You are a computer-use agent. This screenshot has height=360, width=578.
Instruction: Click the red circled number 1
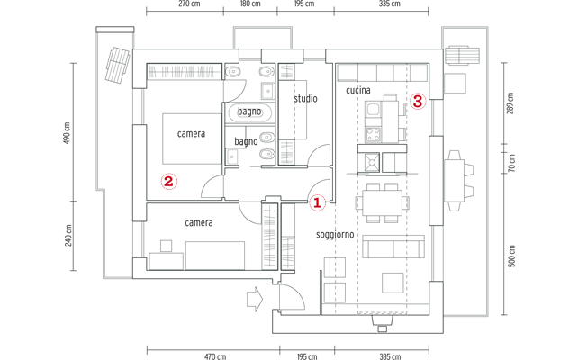pyautogui.click(x=317, y=202)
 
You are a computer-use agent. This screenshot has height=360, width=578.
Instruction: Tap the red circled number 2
pyautogui.click(x=169, y=181)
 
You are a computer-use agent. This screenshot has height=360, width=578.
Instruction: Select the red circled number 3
pyautogui.click(x=418, y=101)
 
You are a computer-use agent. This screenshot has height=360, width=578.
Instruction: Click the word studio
pyautogui.click(x=305, y=99)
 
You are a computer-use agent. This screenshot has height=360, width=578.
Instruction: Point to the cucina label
pyautogui.click(x=358, y=90)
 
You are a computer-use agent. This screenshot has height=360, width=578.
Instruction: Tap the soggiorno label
pyautogui.click(x=335, y=235)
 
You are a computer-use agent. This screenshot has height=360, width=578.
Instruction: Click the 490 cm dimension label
pyautogui.click(x=68, y=133)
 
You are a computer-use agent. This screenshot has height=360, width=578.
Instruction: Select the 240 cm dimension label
pyautogui.click(x=68, y=236)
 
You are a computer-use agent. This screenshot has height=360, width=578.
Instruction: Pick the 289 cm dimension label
pyautogui.click(x=510, y=103)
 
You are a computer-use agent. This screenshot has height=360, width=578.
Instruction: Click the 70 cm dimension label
pyautogui.click(x=511, y=163)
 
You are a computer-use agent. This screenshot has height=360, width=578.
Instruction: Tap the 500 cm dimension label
pyautogui.click(x=511, y=256)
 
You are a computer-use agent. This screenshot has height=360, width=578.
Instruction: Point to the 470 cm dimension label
pyautogui.click(x=215, y=356)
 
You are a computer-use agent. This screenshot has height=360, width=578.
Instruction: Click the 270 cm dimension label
pyautogui.click(x=189, y=4)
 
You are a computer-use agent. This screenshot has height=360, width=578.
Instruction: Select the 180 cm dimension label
pyautogui.click(x=250, y=4)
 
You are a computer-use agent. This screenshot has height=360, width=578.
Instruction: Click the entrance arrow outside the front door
pyautogui.click(x=255, y=299)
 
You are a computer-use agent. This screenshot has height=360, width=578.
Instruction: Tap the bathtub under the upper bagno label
pyautogui.click(x=249, y=113)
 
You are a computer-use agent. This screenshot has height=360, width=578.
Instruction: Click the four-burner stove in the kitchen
pyautogui.click(x=373, y=134)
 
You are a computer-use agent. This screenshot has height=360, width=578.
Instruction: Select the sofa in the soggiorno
pyautogui.click(x=393, y=247)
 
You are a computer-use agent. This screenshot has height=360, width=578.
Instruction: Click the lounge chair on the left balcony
pyautogui.click(x=118, y=65)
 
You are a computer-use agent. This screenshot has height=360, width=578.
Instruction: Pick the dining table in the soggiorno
pyautogui.click(x=383, y=203)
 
